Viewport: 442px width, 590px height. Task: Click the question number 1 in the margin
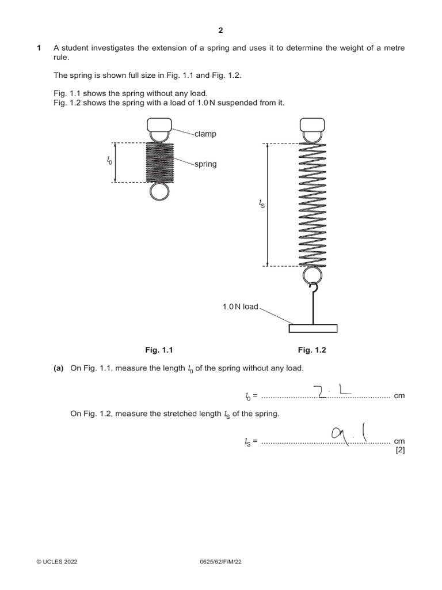coord(39,48)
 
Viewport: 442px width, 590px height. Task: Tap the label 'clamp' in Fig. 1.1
coord(205,134)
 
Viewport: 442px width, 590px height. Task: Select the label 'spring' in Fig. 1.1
coord(205,164)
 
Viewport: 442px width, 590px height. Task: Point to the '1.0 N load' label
coord(241,307)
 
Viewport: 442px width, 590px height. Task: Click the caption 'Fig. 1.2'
coord(312,350)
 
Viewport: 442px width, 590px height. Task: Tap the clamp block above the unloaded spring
coord(159,124)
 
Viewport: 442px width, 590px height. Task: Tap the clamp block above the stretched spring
coord(313,124)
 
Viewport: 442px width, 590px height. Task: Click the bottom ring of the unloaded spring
coord(159,192)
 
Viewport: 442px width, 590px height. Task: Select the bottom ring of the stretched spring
coord(313,275)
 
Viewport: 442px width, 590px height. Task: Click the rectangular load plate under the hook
coord(313,328)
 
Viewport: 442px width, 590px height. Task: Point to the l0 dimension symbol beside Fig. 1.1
coord(109,162)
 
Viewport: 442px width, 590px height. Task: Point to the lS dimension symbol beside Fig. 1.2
coord(262,205)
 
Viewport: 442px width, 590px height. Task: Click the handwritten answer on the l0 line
coord(334,391)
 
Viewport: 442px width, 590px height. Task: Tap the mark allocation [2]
coord(400,451)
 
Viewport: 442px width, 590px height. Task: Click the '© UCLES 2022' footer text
coord(56,561)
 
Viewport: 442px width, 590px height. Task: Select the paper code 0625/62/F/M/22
coord(220,561)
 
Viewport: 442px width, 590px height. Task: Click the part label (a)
coord(59,368)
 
